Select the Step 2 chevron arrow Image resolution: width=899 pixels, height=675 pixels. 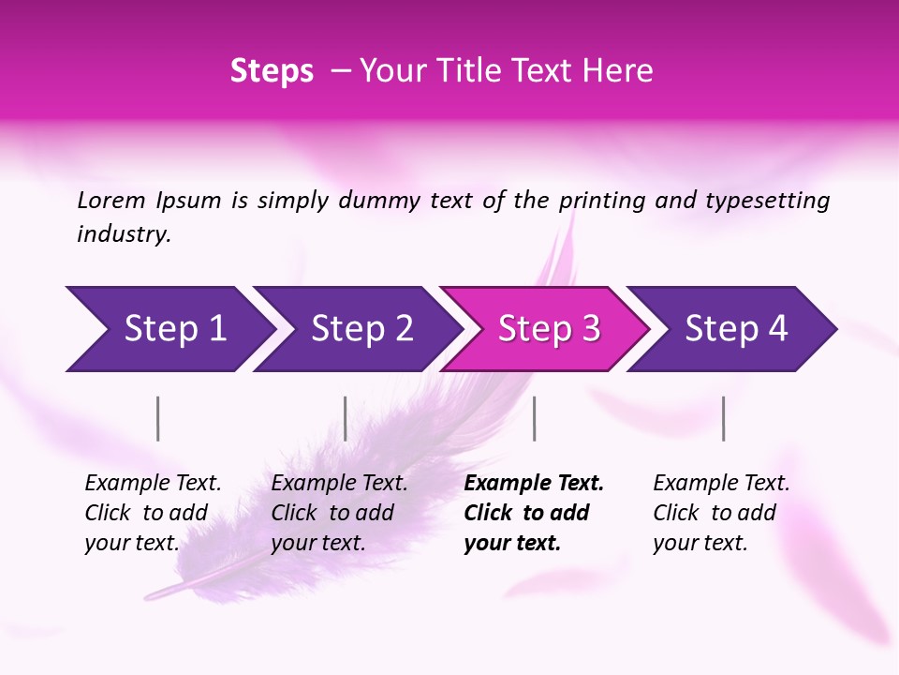[361, 329]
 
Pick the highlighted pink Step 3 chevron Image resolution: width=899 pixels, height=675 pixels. [548, 329]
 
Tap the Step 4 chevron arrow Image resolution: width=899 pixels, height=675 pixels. [735, 329]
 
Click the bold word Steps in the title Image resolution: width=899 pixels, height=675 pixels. [272, 71]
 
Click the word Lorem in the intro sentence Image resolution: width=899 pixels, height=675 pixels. [111, 201]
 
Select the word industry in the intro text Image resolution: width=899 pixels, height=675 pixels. [123, 234]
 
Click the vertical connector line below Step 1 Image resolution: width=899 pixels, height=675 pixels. [158, 418]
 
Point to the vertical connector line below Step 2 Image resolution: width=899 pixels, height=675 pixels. [346, 418]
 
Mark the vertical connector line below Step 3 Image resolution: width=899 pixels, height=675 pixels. [534, 418]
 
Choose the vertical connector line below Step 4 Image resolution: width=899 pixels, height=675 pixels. [723, 418]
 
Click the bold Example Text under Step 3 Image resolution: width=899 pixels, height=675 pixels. [534, 484]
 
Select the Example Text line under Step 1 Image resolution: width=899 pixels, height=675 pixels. [153, 484]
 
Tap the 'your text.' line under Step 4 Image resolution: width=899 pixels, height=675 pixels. [700, 543]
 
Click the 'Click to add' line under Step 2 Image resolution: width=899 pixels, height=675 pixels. [332, 513]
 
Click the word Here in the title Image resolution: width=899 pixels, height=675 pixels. [617, 71]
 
